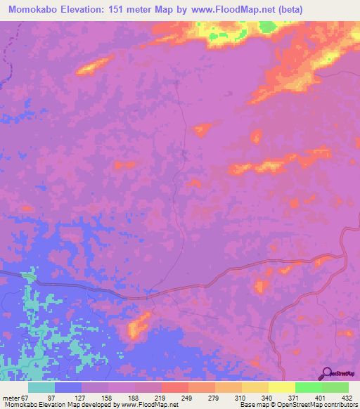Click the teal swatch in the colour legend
[41, 387]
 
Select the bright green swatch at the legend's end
[335, 387]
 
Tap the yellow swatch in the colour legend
[281, 387]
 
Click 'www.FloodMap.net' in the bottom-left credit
[150, 405]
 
